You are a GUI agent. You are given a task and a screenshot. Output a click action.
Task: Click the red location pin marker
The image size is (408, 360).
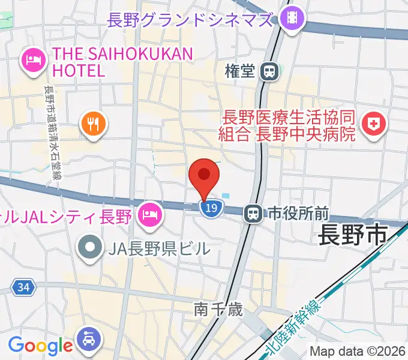coord(204,176)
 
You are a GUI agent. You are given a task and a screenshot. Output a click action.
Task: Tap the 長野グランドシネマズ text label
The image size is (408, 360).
coord(190,20)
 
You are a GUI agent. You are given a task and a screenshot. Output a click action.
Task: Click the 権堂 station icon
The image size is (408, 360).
coord(270,71)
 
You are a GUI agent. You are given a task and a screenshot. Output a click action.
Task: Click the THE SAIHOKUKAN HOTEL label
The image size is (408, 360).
coord(122,62)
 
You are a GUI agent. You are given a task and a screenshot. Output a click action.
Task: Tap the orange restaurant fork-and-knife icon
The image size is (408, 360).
coord(92,124)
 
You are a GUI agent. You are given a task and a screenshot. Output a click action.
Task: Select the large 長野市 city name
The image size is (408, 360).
coord(353,235)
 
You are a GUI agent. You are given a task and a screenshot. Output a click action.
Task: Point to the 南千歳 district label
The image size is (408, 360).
coord(218,310)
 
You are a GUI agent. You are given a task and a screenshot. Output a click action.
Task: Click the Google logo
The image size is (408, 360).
coord(40,345)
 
